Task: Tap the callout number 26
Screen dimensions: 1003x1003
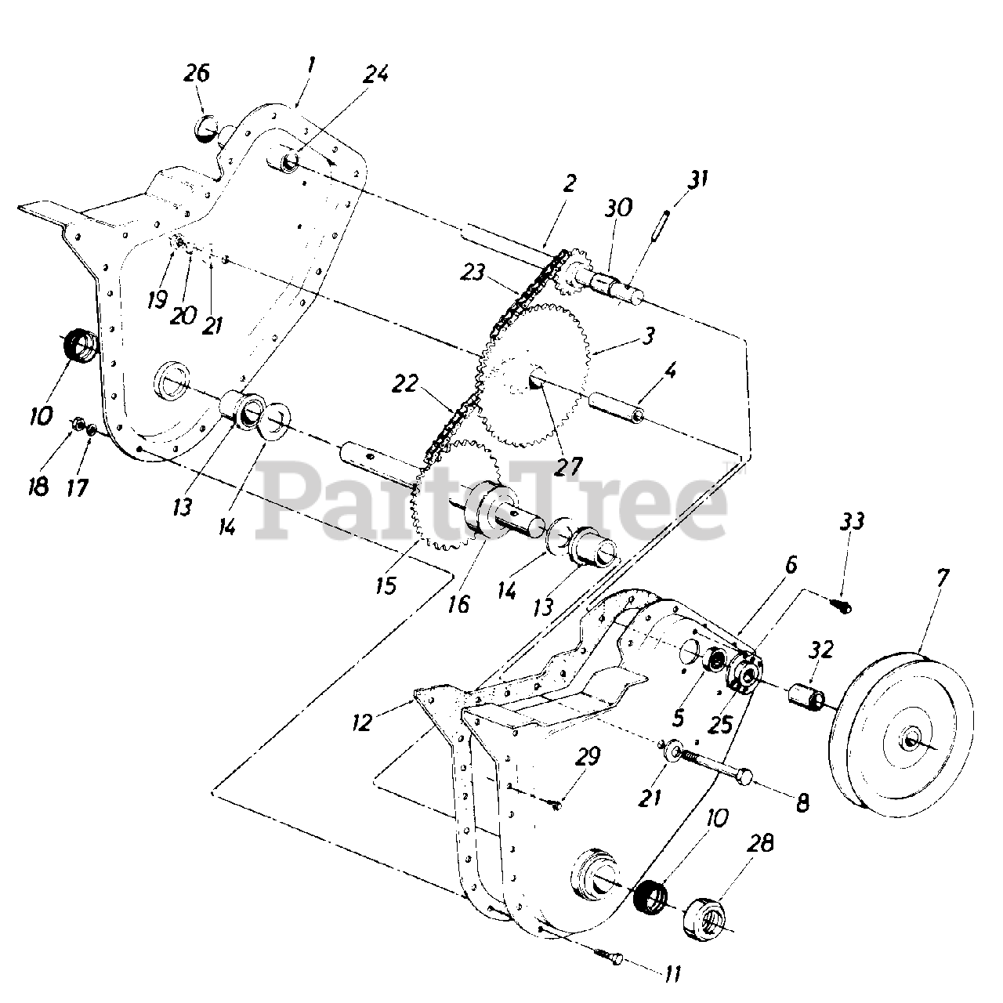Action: [197, 74]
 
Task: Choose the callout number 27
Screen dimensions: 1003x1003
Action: [568, 465]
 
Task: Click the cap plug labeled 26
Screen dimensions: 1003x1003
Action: [207, 127]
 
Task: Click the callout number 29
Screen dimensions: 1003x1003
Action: [588, 757]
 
